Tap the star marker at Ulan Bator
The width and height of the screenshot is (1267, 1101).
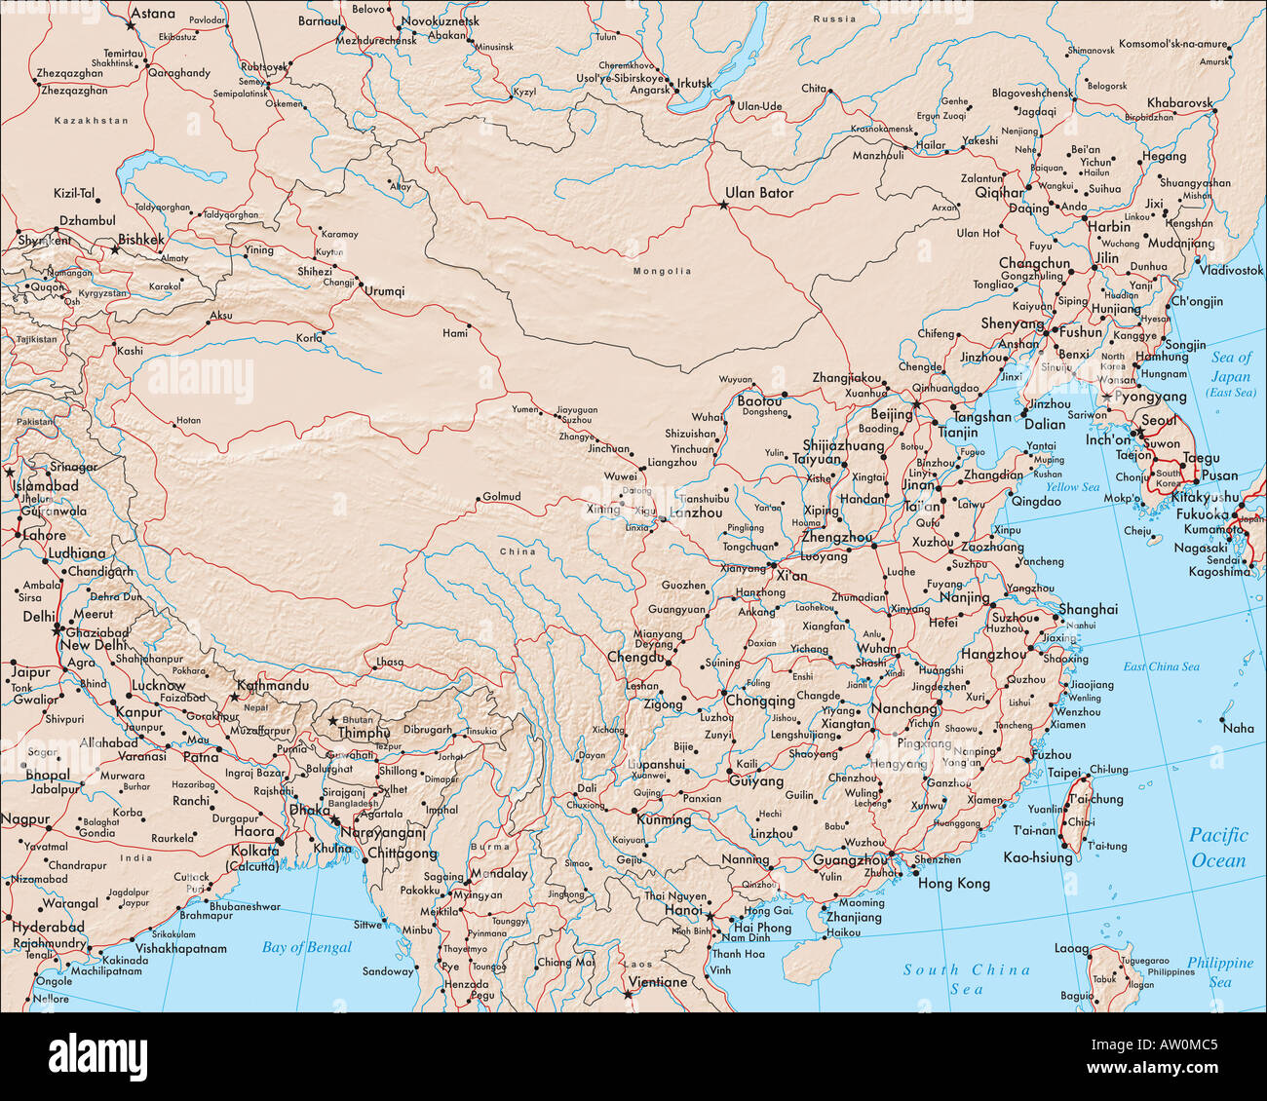[x=723, y=206]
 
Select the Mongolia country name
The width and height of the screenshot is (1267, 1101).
[x=662, y=271]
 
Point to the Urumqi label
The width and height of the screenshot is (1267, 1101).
[x=384, y=291]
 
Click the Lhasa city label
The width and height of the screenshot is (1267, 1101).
[x=389, y=662]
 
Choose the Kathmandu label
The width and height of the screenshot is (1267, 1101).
[x=273, y=686]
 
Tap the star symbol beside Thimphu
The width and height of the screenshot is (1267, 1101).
[x=333, y=720]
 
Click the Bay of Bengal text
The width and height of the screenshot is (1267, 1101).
[x=307, y=947]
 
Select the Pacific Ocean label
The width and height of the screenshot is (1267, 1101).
[x=1217, y=848]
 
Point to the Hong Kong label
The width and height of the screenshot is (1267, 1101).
[x=954, y=884]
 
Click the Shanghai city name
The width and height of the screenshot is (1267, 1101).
[x=1089, y=609]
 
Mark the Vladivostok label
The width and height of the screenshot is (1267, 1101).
[x=1231, y=270]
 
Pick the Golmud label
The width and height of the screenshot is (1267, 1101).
[x=502, y=497]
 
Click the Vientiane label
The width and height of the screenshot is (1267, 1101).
[x=659, y=982]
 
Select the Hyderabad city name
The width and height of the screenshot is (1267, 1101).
[x=49, y=928]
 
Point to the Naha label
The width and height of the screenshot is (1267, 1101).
[x=1239, y=728]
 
